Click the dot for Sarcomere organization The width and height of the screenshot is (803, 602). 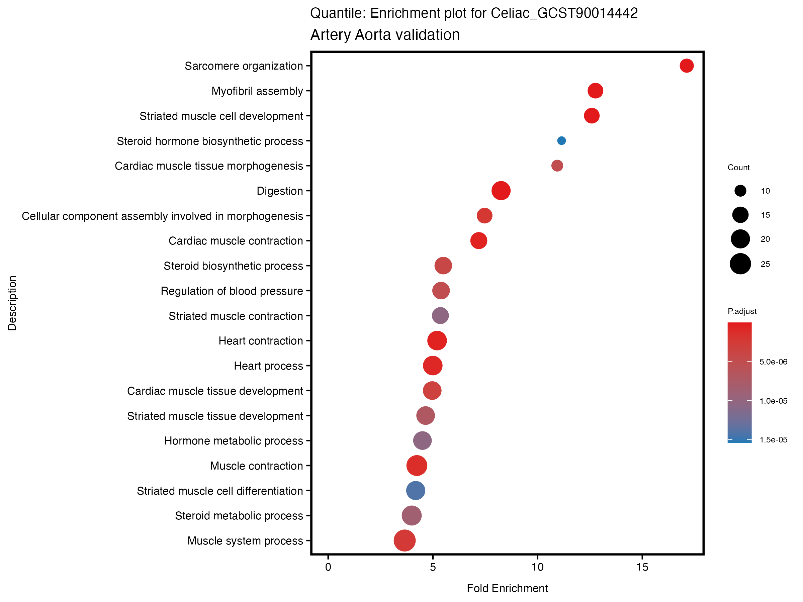686,66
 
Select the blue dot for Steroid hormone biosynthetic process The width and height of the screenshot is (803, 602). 561,141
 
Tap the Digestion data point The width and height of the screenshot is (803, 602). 501,191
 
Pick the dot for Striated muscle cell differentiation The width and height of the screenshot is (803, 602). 415,491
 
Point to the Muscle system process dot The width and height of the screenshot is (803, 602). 405,540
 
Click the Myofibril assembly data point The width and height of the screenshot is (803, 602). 595,91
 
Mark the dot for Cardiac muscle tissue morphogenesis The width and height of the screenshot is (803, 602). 557,166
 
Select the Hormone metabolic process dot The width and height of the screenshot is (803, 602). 422,440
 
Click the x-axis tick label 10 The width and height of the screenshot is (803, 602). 537,568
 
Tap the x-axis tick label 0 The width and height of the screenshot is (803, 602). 328,568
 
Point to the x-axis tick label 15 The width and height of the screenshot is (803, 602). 642,568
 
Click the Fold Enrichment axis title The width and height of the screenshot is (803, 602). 507,588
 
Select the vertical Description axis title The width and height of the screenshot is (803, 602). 12,303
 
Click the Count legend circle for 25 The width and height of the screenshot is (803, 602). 740,264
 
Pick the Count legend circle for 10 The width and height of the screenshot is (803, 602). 740,191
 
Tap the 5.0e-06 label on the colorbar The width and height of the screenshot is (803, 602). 773,362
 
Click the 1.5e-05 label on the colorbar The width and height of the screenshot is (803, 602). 773,440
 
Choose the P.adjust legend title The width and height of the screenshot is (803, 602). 742,311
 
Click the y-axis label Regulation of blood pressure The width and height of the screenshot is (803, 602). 232,291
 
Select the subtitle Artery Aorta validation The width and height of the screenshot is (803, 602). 385,35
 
